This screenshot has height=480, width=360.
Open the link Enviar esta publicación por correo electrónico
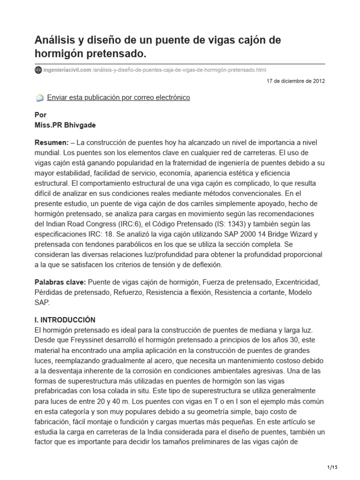tap(119, 97)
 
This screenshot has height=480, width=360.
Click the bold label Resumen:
tap(52, 142)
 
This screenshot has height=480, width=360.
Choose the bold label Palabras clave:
tap(59, 283)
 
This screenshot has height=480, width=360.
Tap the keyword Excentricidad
tap(297, 283)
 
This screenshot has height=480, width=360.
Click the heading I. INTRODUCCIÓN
tap(65, 320)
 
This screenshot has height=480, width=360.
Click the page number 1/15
tap(332, 467)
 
